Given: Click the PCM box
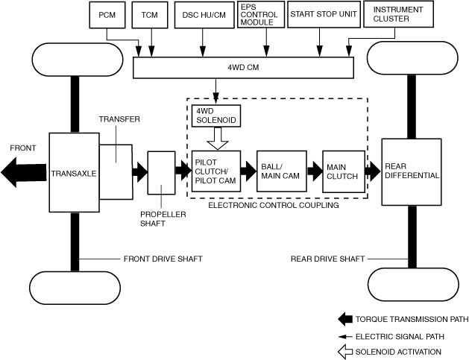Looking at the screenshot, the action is [107, 15].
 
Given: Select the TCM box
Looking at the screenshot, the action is [150, 15].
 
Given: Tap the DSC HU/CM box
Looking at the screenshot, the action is [204, 15].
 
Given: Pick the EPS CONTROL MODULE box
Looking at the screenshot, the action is [261, 15].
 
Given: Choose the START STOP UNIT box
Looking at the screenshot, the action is [324, 14].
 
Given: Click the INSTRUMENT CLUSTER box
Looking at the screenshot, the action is [398, 14].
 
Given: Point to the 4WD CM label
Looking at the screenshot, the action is [243, 68].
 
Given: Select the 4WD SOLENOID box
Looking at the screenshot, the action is [216, 116].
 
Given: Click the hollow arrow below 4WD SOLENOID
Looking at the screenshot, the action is [218, 139].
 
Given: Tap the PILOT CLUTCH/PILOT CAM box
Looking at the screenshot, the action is [216, 171].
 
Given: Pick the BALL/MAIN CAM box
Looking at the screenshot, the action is [282, 171].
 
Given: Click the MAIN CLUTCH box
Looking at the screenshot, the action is [344, 171].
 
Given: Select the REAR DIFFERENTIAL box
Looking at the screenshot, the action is [412, 172].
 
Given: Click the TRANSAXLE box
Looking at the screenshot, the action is [74, 172].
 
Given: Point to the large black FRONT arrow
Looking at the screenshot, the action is [24, 172].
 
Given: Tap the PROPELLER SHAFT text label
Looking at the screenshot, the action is [163, 219].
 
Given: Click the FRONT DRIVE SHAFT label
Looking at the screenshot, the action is [163, 259].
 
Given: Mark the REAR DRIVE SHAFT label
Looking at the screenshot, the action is [327, 259].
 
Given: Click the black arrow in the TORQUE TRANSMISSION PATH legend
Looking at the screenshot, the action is [345, 319].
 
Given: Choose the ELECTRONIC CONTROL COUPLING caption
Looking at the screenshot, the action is [274, 206].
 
